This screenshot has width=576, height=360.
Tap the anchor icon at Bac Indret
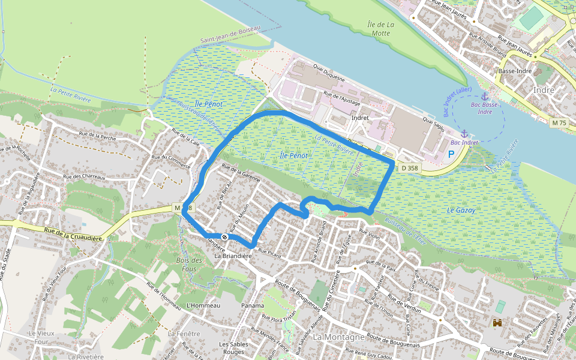[x=464, y=133]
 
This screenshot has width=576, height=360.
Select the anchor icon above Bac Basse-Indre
[x=485, y=96]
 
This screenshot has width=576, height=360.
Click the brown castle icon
[x=497, y=323]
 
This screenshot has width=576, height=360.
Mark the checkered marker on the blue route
[x=224, y=236]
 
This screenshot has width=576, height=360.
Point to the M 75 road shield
[x=558, y=122]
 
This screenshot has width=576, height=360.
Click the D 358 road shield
[x=409, y=168]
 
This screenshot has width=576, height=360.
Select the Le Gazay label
[x=461, y=211]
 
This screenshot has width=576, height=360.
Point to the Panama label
[x=253, y=305]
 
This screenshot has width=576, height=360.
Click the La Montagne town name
[x=339, y=337]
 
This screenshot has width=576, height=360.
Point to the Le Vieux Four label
[x=41, y=337]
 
